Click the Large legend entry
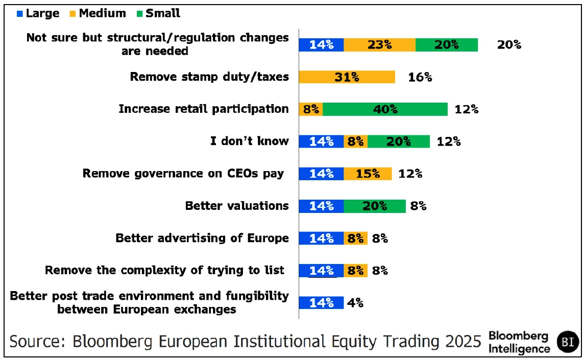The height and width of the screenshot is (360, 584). (x=38, y=14)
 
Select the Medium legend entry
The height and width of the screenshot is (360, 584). (x=98, y=14)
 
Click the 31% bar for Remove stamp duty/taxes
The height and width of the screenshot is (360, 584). (x=347, y=77)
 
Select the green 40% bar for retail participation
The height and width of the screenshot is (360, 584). (x=385, y=109)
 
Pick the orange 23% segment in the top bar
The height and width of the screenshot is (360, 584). (x=379, y=45)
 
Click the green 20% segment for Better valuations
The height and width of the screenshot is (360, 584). (x=374, y=206)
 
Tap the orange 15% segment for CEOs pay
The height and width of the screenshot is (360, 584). (x=368, y=174)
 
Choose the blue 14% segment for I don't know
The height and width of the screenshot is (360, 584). (x=321, y=141)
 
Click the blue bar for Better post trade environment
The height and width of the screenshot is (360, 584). (x=321, y=302)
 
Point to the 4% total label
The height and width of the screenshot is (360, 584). (x=355, y=302)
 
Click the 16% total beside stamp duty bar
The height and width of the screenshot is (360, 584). (x=420, y=77)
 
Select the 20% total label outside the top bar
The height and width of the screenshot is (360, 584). (x=509, y=45)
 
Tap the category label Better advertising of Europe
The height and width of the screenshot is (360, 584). (x=202, y=238)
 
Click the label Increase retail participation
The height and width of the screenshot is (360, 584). (x=204, y=109)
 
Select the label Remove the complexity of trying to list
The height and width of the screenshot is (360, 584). (x=164, y=270)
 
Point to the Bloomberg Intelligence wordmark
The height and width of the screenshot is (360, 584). (x=519, y=342)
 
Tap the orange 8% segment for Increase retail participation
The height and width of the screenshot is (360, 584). (x=310, y=109)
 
